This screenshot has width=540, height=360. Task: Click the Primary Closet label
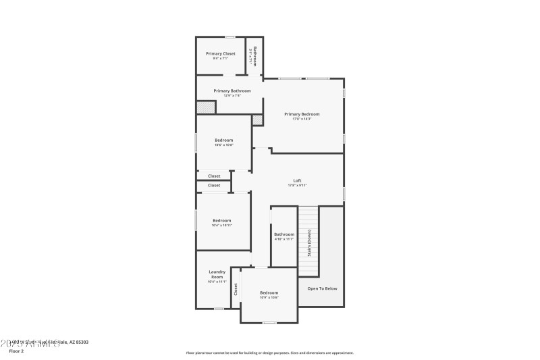coord(221,53)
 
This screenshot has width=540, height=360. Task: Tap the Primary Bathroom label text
coord(232,91)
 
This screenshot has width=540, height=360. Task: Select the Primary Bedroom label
coord(302,114)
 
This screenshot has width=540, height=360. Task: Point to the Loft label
coord(297,180)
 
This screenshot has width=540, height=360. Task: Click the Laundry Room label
coord(217,274)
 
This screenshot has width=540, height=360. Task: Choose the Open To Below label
coord(322,288)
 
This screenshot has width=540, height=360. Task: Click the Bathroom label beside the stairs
coord(284,234)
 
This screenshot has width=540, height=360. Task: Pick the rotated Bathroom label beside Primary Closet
coord(255,55)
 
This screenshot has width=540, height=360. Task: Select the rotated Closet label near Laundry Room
coord(236,289)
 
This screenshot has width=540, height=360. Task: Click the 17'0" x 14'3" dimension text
coord(302,120)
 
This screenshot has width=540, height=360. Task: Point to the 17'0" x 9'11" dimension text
coord(297,185)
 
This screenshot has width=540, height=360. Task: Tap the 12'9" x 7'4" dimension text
coord(232,95)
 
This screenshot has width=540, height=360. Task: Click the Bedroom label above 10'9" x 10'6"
coord(269,292)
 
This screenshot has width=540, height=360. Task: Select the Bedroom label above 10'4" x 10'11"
coord(222,220)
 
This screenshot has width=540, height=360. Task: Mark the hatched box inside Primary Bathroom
coord(205,107)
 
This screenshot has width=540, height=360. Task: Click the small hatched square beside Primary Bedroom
coord(257,120)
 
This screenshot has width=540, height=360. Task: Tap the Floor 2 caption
coord(16,351)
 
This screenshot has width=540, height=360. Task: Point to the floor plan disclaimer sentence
coord(269,353)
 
